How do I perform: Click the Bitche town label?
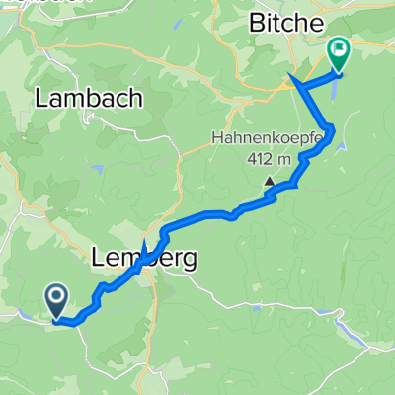click(x=286, y=21)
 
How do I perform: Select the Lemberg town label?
click(x=144, y=259)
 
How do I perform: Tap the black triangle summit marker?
click(x=268, y=181)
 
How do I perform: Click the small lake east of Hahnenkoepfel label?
click(x=342, y=145)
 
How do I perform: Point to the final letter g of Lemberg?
click(x=188, y=261)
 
